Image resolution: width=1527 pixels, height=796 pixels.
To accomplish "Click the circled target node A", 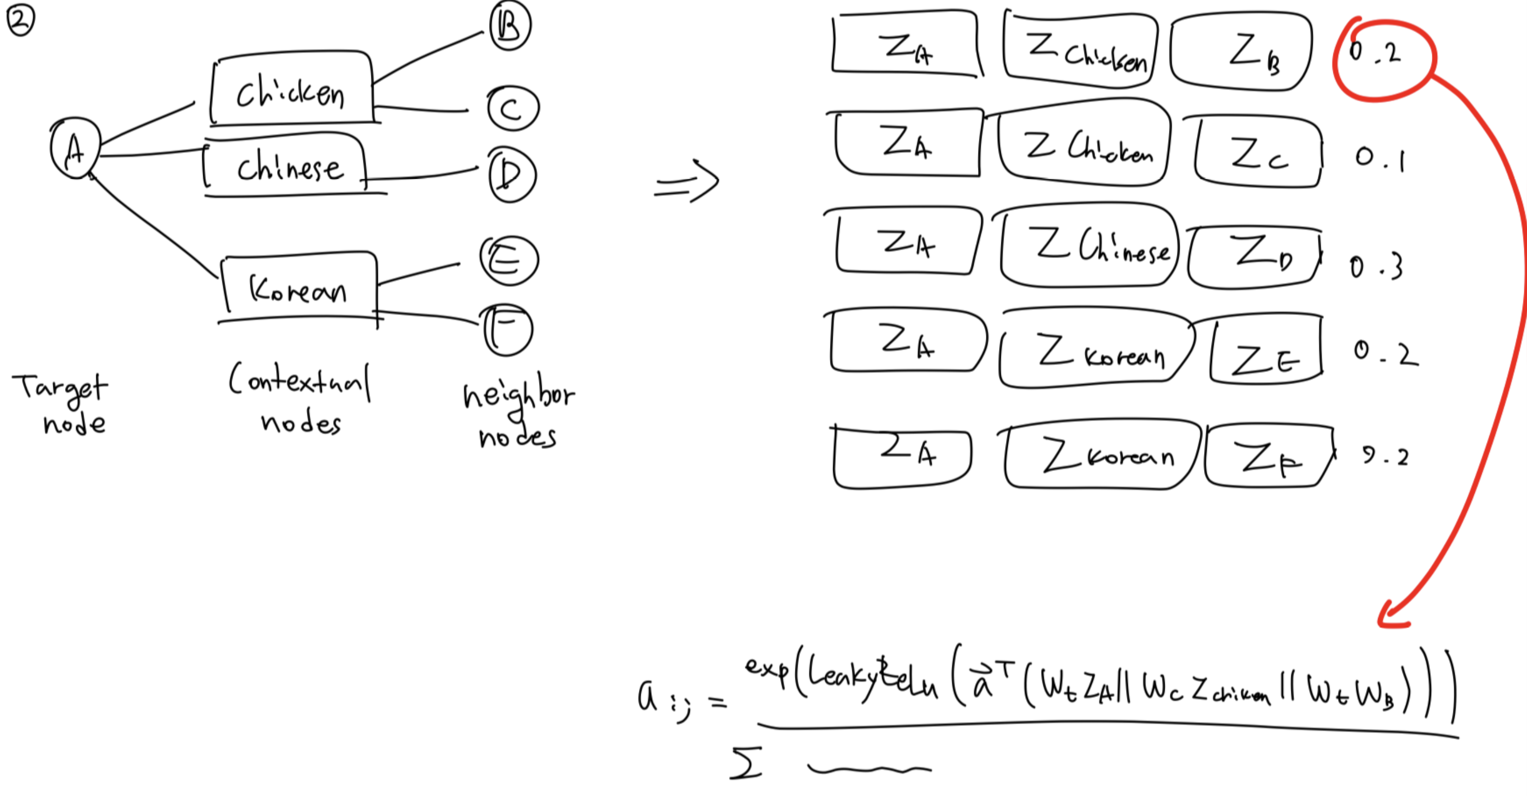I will [75, 148].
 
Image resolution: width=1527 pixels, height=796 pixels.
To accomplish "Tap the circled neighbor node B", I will [510, 26].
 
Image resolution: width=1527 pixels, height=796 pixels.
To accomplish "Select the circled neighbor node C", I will [513, 109].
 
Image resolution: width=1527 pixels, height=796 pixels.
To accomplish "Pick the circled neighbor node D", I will [511, 175].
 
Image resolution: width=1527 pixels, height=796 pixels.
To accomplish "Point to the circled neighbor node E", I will [509, 261].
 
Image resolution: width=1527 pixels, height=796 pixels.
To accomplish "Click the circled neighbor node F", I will [508, 329].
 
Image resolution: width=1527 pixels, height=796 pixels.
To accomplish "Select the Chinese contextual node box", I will [287, 166].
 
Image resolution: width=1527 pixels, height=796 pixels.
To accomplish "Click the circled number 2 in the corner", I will [20, 21].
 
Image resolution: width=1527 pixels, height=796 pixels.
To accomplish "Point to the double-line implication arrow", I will [687, 182].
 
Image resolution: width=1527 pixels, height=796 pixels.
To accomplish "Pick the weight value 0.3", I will [1376, 267].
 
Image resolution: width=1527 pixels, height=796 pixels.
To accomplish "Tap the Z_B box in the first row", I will [1242, 52].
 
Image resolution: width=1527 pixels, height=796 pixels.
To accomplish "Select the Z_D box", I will [1254, 256].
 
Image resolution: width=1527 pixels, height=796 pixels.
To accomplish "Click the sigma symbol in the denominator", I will [746, 763].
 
